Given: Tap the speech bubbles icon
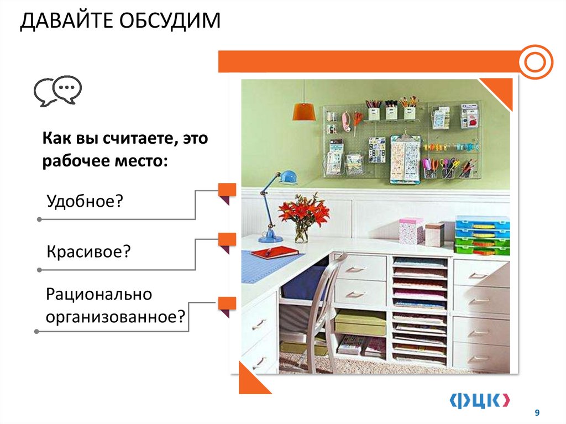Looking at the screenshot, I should pos(57,91).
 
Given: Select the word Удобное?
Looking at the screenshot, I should pos(84,200).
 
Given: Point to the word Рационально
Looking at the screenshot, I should pos(99,294).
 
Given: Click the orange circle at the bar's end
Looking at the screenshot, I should pos(535,62).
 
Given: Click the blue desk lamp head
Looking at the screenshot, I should pos(287,177).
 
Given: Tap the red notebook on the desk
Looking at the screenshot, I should pos(274,253).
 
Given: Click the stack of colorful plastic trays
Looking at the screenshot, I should pos(481,235).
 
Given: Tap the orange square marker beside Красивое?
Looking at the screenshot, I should pos(227,240).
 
